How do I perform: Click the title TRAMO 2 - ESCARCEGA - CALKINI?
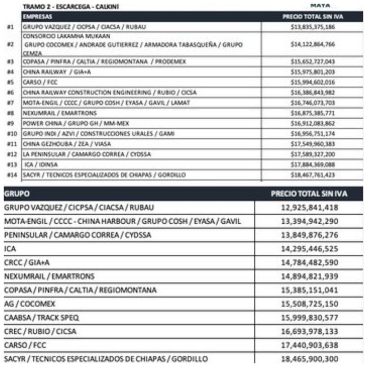(x=70, y=6)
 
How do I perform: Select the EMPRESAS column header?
(x=38, y=16)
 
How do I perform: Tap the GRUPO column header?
(x=16, y=194)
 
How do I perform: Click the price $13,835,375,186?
(x=313, y=27)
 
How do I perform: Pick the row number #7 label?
(x=10, y=103)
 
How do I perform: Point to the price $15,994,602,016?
(x=313, y=82)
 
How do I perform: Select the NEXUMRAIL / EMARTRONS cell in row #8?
(x=59, y=113)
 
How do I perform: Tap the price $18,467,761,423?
(x=313, y=175)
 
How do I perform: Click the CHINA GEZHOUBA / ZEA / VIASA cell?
(x=67, y=144)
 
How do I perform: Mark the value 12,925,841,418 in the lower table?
(x=309, y=208)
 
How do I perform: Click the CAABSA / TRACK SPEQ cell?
(x=41, y=318)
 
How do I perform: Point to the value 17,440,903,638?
(x=309, y=345)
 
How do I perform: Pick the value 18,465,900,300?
(x=309, y=359)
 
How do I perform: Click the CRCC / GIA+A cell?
(x=27, y=263)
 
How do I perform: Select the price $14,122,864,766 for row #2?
(x=313, y=44)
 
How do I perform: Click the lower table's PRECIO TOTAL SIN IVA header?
(x=309, y=194)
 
